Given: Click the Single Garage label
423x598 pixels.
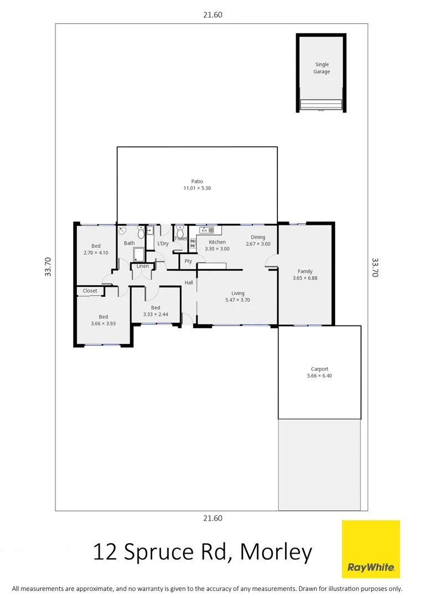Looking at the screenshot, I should pyautogui.click(x=322, y=68).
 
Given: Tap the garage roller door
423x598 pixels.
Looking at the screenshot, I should pyautogui.click(x=321, y=105).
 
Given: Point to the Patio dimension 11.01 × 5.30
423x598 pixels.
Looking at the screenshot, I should pyautogui.click(x=197, y=188).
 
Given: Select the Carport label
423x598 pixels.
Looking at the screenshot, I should pyautogui.click(x=319, y=369).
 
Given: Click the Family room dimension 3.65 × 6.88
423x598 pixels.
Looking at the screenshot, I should pyautogui.click(x=305, y=278).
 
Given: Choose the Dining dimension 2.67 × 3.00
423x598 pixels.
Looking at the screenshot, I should pyautogui.click(x=258, y=244).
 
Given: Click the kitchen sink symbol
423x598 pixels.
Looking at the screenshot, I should pyautogui.click(x=207, y=230).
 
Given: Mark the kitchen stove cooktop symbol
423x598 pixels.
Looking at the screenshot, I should pyautogui.click(x=193, y=242).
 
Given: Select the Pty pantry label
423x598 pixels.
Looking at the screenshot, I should pyautogui.click(x=188, y=261).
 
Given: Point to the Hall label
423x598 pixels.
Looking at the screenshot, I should pyautogui.click(x=189, y=283).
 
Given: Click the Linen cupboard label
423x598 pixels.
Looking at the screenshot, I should pyautogui.click(x=143, y=266).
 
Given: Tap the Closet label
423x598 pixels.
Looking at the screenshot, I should pyautogui.click(x=90, y=291).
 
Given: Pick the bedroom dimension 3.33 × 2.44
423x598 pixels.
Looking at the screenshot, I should pyautogui.click(x=156, y=314).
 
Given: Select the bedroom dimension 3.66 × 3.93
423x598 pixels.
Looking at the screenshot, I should pyautogui.click(x=104, y=323).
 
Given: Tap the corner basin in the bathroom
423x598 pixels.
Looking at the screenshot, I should pyautogui.click(x=122, y=230).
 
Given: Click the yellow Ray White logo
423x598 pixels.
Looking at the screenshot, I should pyautogui.click(x=370, y=549).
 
